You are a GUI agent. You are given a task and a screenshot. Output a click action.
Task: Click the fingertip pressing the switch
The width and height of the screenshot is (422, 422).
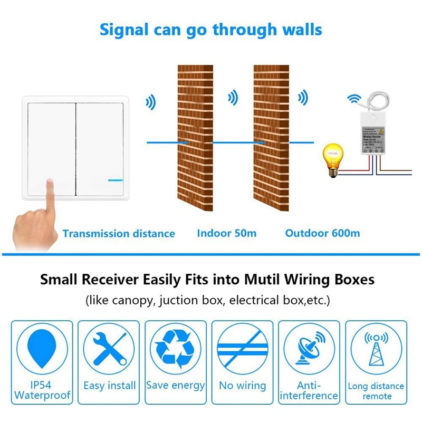[50, 185]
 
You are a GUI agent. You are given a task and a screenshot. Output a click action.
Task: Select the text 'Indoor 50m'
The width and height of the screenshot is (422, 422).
[227, 233]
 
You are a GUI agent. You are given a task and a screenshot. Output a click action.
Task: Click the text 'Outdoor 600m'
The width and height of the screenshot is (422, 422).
[322, 233]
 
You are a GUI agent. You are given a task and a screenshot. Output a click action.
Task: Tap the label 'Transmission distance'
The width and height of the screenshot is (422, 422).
[119, 233]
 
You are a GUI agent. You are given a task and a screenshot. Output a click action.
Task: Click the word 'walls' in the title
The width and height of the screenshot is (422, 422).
[298, 29]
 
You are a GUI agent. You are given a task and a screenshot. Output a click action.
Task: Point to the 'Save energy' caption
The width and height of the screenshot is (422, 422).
[175, 386]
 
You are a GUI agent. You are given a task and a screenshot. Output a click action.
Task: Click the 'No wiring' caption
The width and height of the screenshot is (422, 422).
[242, 386]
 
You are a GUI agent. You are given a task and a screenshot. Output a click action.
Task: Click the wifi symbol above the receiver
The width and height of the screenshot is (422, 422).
[356, 98]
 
